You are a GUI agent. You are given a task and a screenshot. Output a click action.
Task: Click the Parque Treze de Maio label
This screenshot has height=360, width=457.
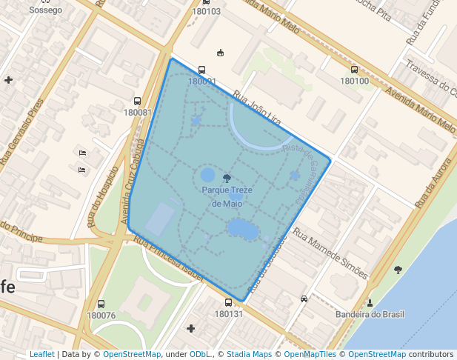[227, 196]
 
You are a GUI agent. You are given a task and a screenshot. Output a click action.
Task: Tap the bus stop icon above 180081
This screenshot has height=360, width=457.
[137, 101]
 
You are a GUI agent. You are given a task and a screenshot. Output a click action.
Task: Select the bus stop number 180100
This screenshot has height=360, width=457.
[353, 81]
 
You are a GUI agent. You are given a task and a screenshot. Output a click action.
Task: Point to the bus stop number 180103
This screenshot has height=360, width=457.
[206, 11]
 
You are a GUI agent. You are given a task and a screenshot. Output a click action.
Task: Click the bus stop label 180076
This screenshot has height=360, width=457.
[101, 315]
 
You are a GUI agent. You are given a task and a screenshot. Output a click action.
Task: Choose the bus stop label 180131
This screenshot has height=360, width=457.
[228, 313]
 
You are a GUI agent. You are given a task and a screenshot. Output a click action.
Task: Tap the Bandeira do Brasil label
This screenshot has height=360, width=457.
[370, 314]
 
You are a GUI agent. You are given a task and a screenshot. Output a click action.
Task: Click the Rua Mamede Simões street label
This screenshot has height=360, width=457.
[330, 253]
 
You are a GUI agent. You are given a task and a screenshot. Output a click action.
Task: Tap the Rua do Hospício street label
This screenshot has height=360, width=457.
[95, 204]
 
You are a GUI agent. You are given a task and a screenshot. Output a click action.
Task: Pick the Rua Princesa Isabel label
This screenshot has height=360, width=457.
[169, 259]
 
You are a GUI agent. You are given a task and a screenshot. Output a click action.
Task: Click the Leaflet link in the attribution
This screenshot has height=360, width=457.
[42, 354]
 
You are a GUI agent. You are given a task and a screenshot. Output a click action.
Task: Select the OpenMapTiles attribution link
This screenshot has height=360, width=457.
[312, 354]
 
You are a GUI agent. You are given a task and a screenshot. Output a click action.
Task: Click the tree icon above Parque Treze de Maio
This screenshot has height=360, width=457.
[227, 178]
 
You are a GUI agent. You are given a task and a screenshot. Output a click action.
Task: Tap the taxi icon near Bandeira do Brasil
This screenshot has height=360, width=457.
[304, 299]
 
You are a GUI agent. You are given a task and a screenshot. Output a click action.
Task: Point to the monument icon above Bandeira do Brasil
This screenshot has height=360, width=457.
[370, 301]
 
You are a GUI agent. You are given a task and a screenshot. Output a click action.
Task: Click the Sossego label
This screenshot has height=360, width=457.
[46, 10]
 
